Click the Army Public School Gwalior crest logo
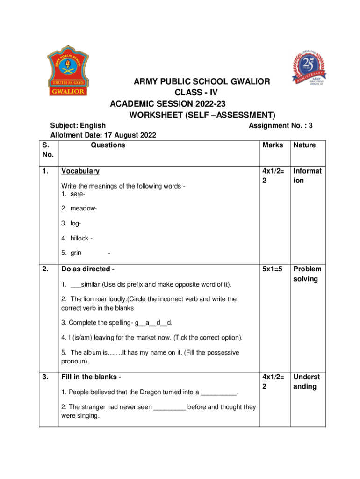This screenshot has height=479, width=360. (67, 70)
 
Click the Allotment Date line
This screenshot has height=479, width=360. (103, 135)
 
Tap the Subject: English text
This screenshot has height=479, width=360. (78, 125)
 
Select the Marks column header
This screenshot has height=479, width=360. (273, 145)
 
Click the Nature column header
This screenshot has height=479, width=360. (304, 145)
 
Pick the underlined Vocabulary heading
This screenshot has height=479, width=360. (80, 171)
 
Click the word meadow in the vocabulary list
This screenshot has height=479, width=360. (82, 208)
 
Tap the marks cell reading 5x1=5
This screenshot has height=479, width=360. (273, 269)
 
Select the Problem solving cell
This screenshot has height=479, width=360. (307, 274)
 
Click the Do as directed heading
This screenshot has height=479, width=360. (88, 269)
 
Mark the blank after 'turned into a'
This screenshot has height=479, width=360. (219, 392)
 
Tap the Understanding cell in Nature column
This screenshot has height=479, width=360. (307, 381)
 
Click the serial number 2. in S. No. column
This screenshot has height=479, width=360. (45, 269)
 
